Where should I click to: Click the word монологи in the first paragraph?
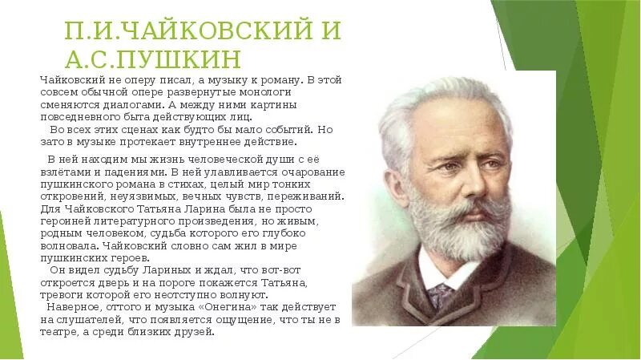(291, 93)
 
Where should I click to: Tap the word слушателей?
(100, 319)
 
